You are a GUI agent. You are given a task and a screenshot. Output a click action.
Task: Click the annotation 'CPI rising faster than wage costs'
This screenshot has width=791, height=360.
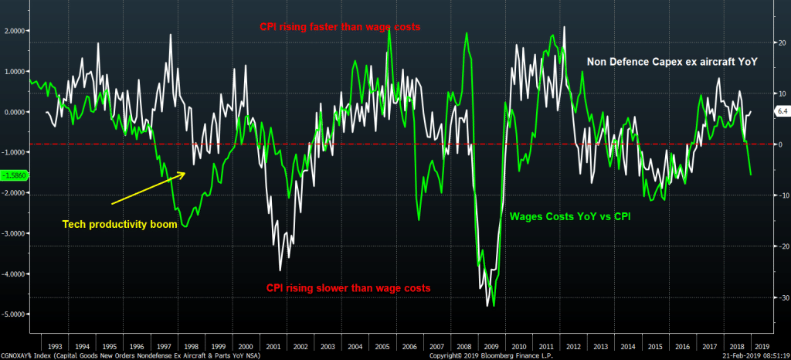(339, 27)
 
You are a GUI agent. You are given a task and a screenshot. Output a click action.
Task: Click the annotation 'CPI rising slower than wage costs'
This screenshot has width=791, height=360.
(348, 288)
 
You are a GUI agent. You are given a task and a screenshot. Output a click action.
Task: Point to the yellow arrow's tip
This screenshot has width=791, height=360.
(185, 172)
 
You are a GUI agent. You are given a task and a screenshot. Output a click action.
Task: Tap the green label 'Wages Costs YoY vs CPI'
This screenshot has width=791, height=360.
(570, 216)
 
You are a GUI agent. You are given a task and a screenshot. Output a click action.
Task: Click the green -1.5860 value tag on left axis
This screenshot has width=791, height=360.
(15, 175)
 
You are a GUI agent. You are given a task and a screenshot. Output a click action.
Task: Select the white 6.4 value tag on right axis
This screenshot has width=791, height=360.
(781, 112)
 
